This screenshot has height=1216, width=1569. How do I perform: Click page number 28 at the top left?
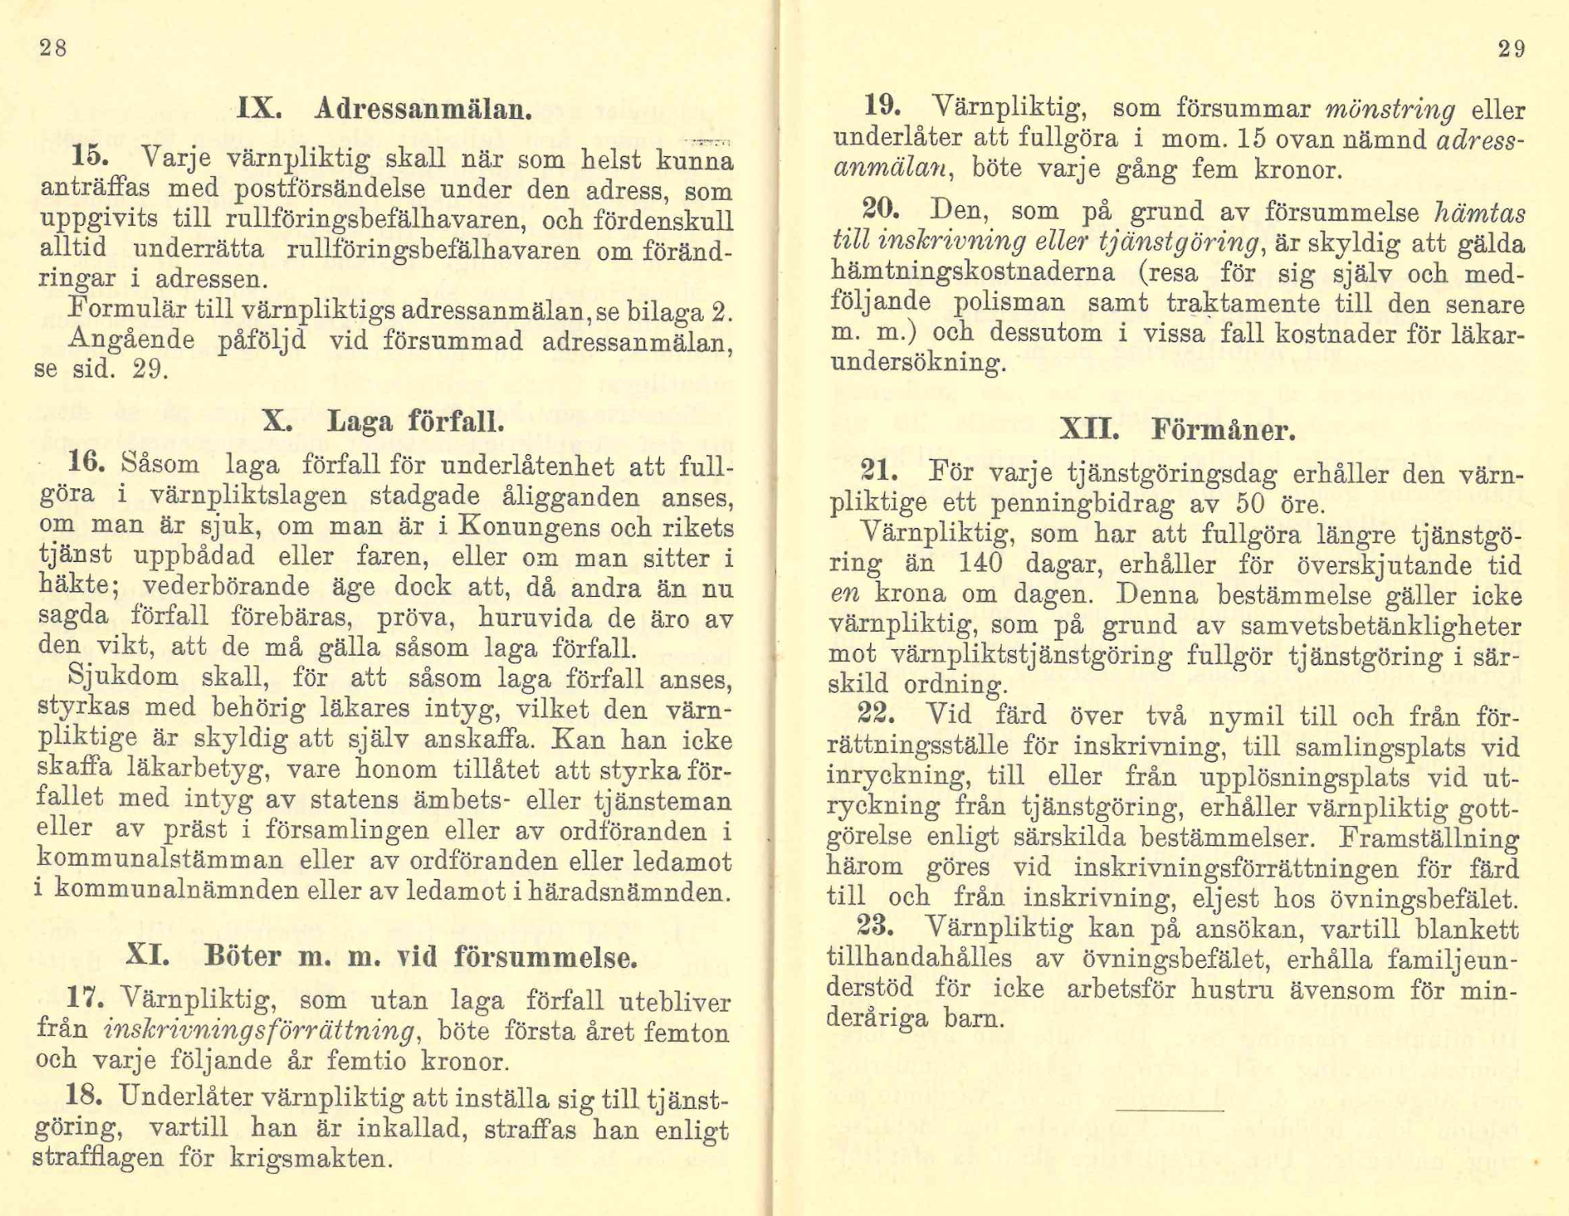53,49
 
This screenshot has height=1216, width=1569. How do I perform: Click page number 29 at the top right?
1511,49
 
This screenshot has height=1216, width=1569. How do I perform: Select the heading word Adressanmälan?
422,109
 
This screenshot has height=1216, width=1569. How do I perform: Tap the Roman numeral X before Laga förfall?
276,420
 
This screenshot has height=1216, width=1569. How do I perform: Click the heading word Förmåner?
1223,430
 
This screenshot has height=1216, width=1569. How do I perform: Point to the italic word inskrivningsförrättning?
260,1031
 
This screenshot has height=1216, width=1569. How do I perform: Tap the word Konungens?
528,526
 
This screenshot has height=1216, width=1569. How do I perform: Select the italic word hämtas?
1480,212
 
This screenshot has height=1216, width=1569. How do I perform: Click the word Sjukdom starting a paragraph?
123,678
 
